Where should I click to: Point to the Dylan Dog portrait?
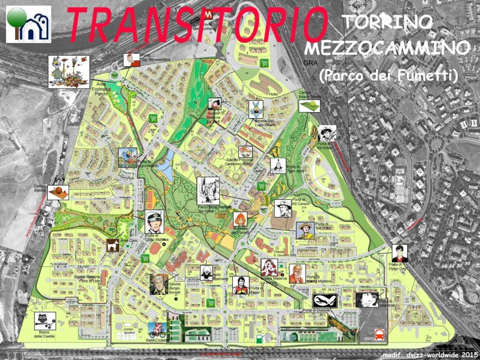tap(400, 254)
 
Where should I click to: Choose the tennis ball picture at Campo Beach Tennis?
tap(309, 105)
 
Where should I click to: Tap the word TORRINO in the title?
tap(387, 22)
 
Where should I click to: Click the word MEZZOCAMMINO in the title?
tap(387, 48)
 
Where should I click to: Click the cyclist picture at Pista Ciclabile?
tap(157, 330)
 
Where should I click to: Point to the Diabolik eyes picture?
tap(325, 301)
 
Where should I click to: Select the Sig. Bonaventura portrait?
tap(131, 60)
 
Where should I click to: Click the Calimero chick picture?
tap(206, 272)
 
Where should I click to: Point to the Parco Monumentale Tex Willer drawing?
tap(208, 191)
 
